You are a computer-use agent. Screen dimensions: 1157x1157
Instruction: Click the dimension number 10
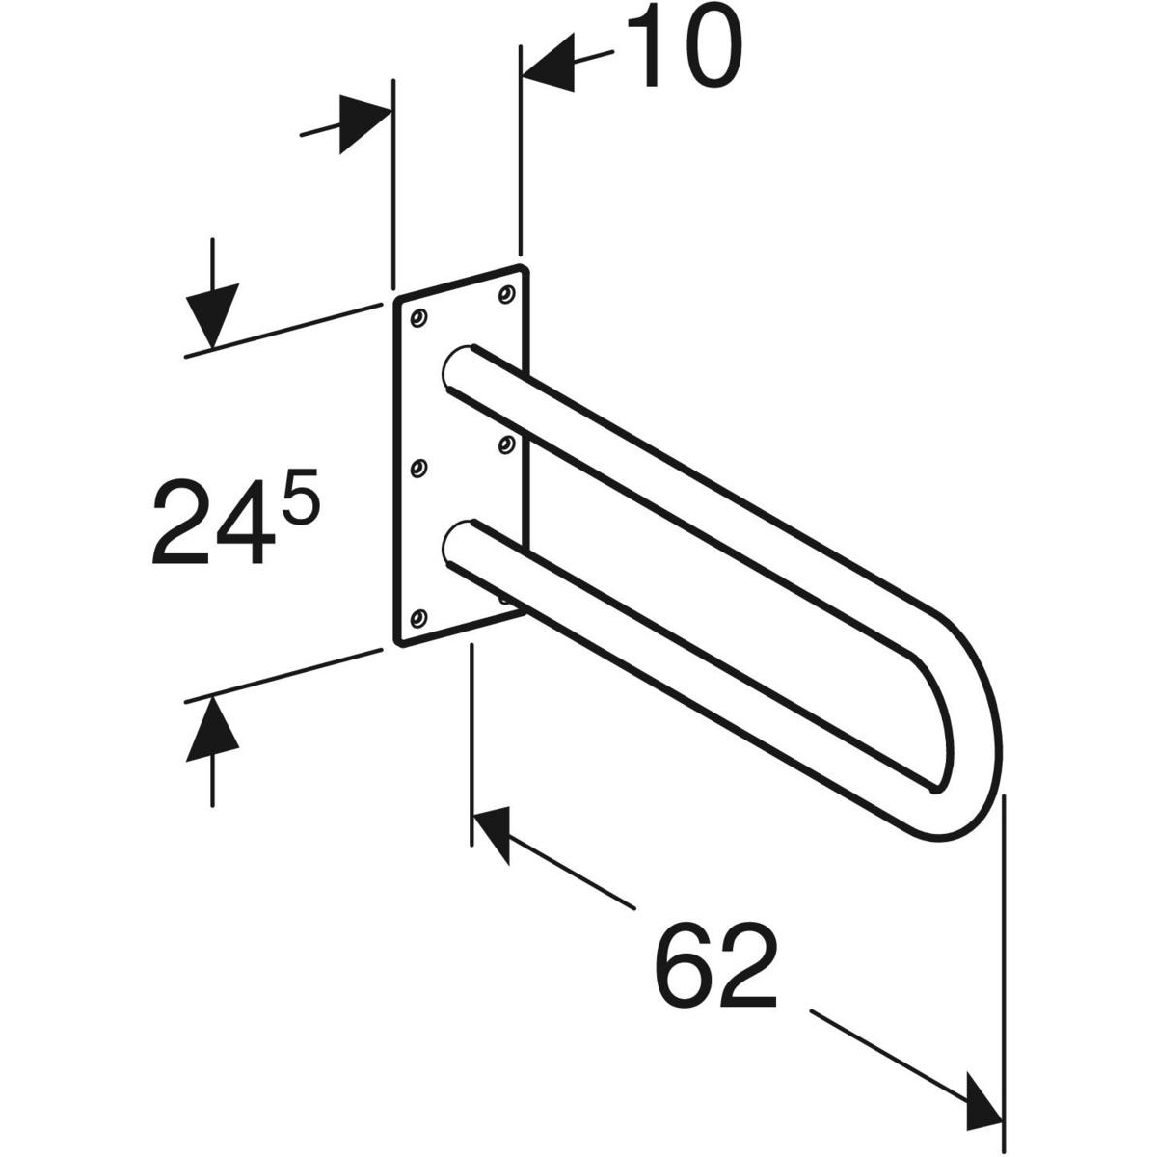coord(684,48)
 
